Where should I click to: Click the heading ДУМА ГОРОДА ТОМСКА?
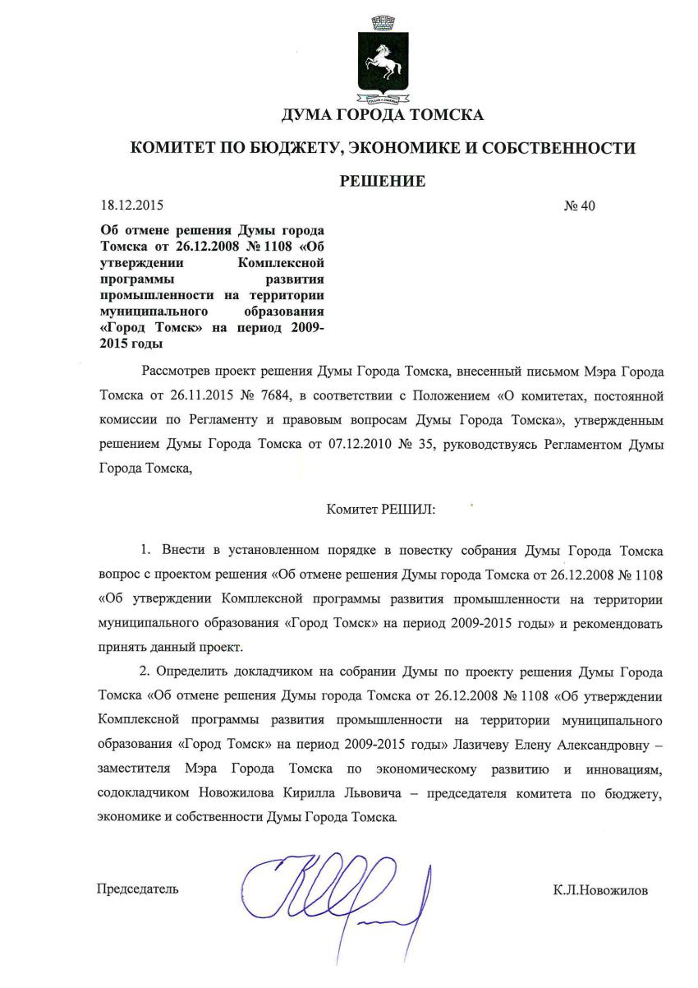coord(382,115)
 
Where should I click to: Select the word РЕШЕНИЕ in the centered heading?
coord(383,182)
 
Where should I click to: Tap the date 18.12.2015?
coord(127,205)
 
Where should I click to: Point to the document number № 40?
coord(578,205)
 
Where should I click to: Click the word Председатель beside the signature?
coord(137,889)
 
